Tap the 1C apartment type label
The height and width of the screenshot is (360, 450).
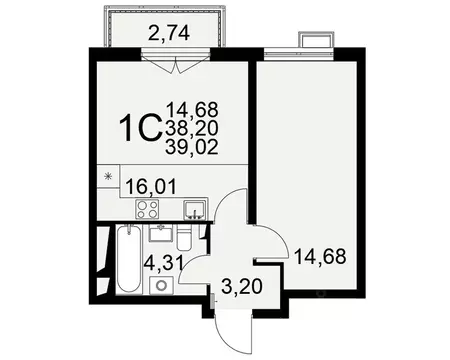[141, 128]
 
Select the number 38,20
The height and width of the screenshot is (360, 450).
[193, 127]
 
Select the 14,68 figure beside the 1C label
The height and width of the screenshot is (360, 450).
[193, 108]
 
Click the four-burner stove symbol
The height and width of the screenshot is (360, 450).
[146, 209]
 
